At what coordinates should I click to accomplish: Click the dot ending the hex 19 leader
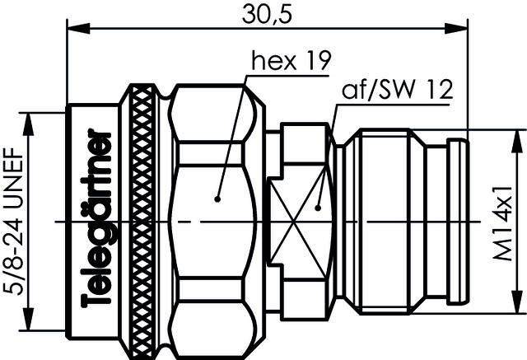pyautogui.click(x=217, y=198)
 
